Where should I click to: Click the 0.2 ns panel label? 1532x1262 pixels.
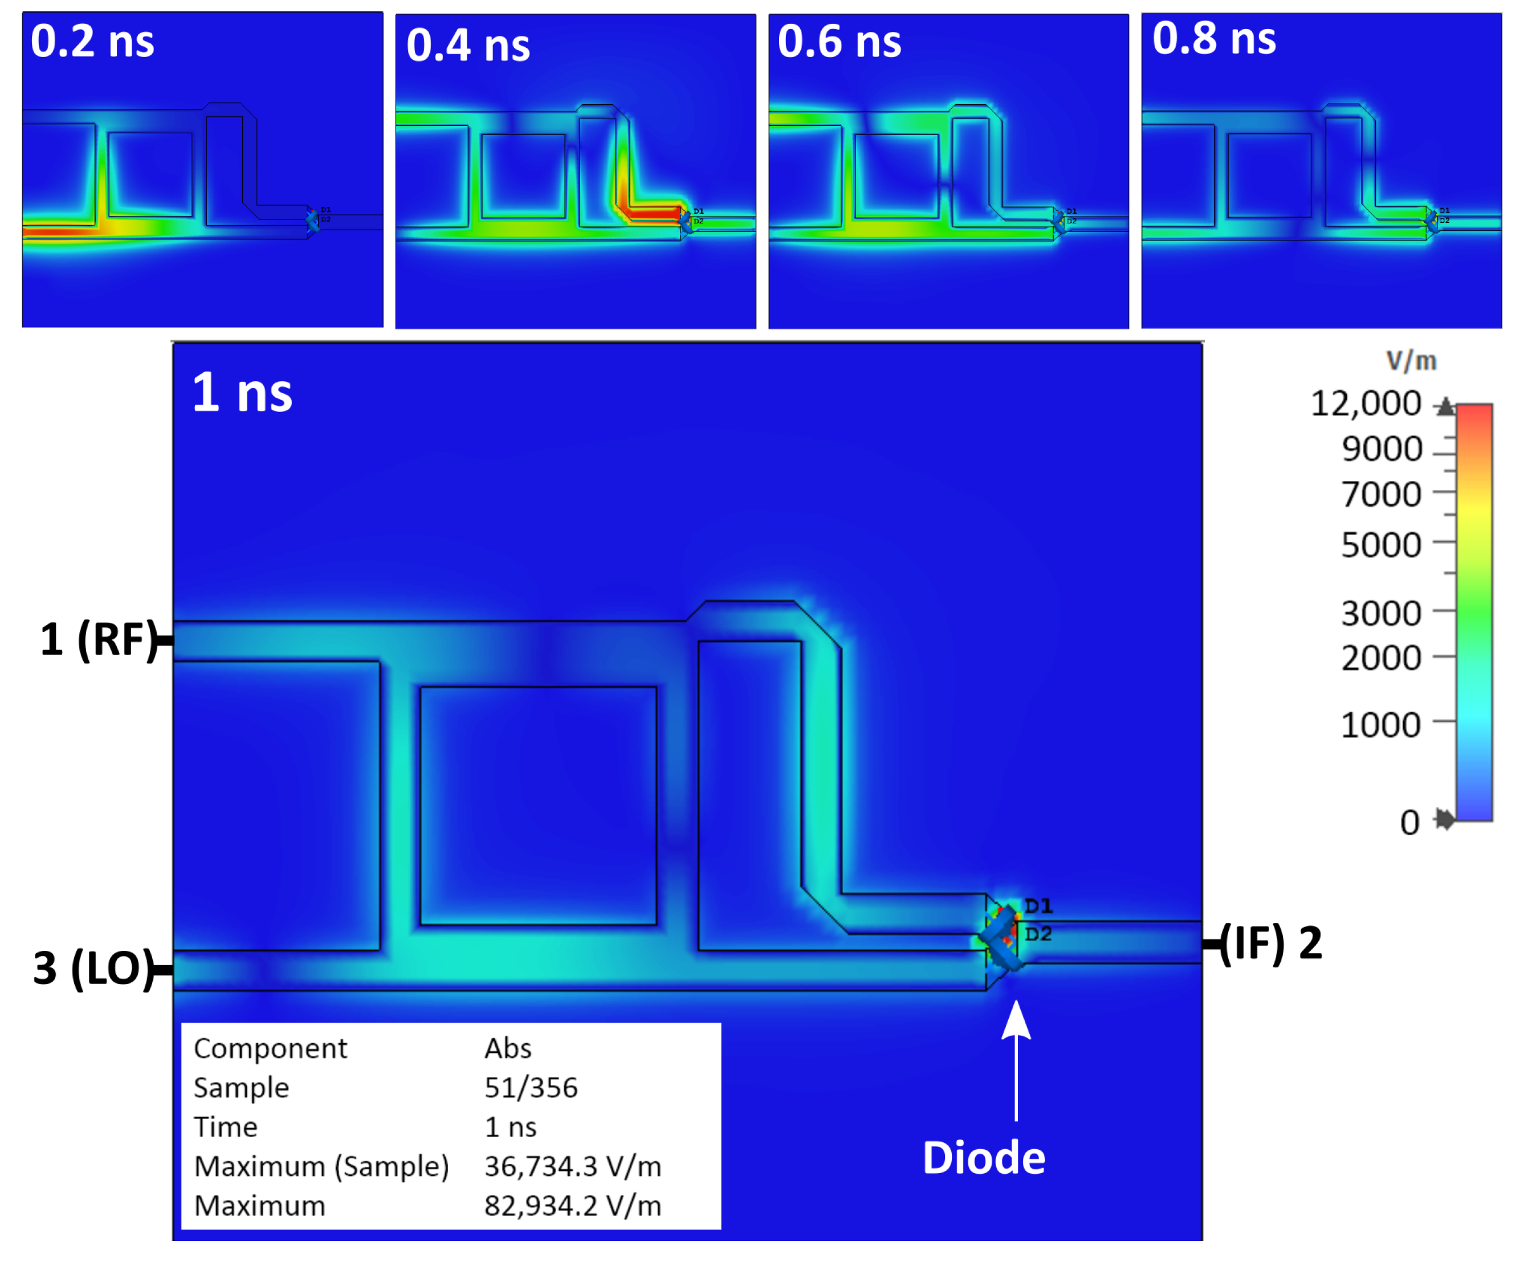[x=92, y=42]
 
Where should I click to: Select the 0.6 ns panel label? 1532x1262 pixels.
[x=839, y=42]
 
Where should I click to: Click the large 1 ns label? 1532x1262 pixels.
[x=242, y=393]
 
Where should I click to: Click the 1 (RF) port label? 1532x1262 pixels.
[x=98, y=640]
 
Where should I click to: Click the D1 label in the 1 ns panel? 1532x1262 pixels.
[x=1038, y=906]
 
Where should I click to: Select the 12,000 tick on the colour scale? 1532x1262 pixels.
[x=1365, y=404]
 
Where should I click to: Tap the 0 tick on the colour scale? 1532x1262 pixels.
[x=1409, y=822]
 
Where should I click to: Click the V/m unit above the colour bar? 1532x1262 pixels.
[x=1411, y=361]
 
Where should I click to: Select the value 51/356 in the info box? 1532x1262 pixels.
[x=531, y=1088]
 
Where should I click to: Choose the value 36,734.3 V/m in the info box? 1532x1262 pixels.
[x=573, y=1166]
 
